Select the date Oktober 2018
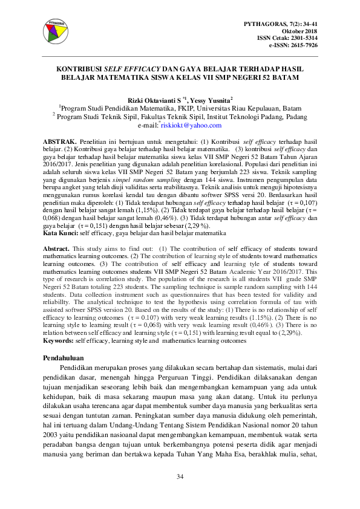(x=300, y=30)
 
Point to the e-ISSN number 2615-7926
(x=303, y=45)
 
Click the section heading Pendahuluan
(x=67, y=358)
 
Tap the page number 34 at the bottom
(x=180, y=478)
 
